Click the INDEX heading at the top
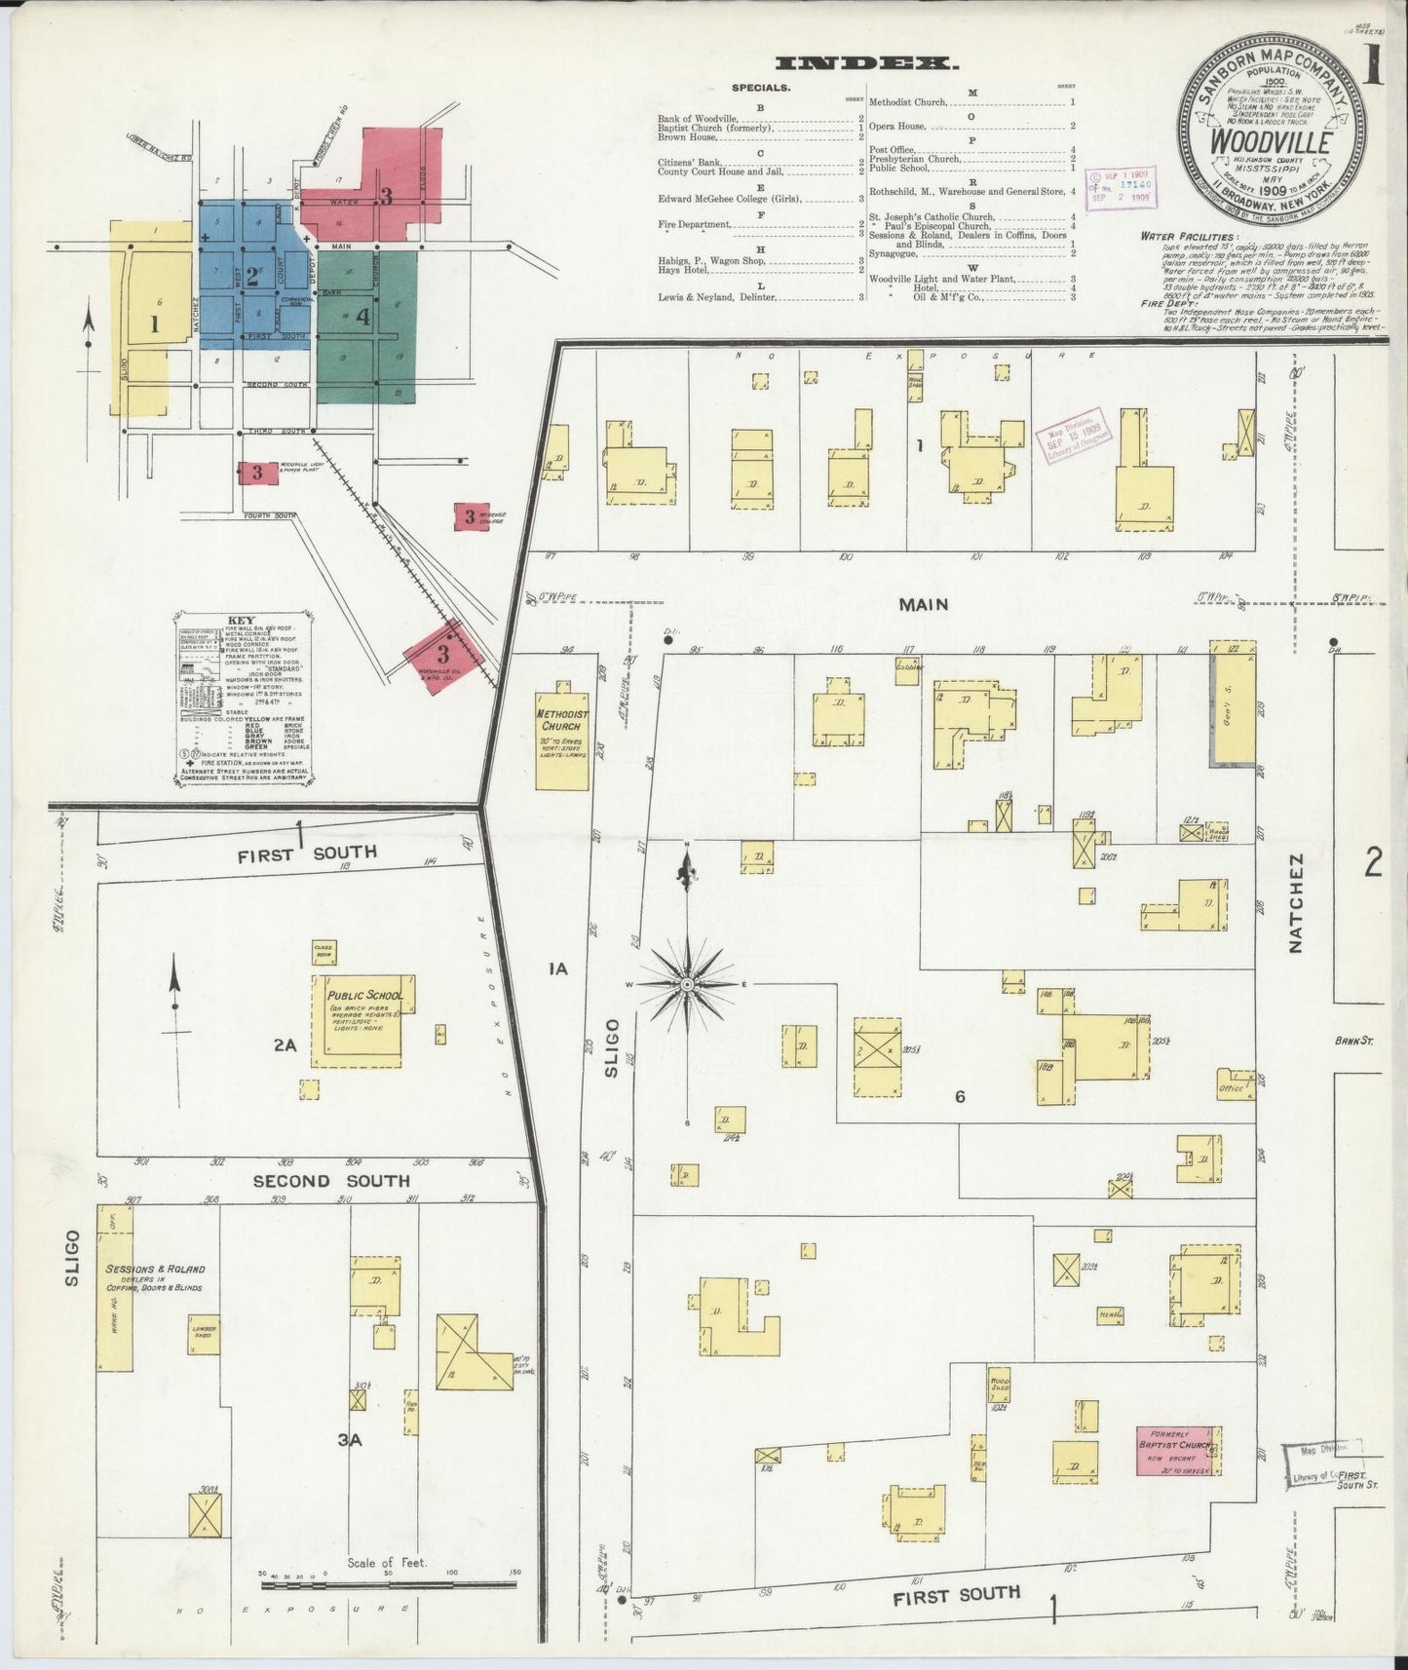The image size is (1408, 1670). click(865, 64)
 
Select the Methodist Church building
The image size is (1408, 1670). click(562, 740)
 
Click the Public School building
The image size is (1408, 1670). click(357, 1016)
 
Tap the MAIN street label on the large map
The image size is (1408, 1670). click(923, 604)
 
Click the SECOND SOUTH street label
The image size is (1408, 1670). click(331, 1181)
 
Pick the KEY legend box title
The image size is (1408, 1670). click(241, 620)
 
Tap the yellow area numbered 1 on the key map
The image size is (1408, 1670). click(153, 323)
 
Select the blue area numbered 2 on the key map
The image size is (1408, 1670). click(251, 276)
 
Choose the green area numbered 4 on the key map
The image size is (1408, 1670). click(362, 317)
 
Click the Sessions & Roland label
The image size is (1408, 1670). click(154, 1270)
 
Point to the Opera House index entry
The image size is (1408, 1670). click(897, 126)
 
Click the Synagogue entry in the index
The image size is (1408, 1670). click(894, 254)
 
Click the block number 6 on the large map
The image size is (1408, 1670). click(960, 1097)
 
